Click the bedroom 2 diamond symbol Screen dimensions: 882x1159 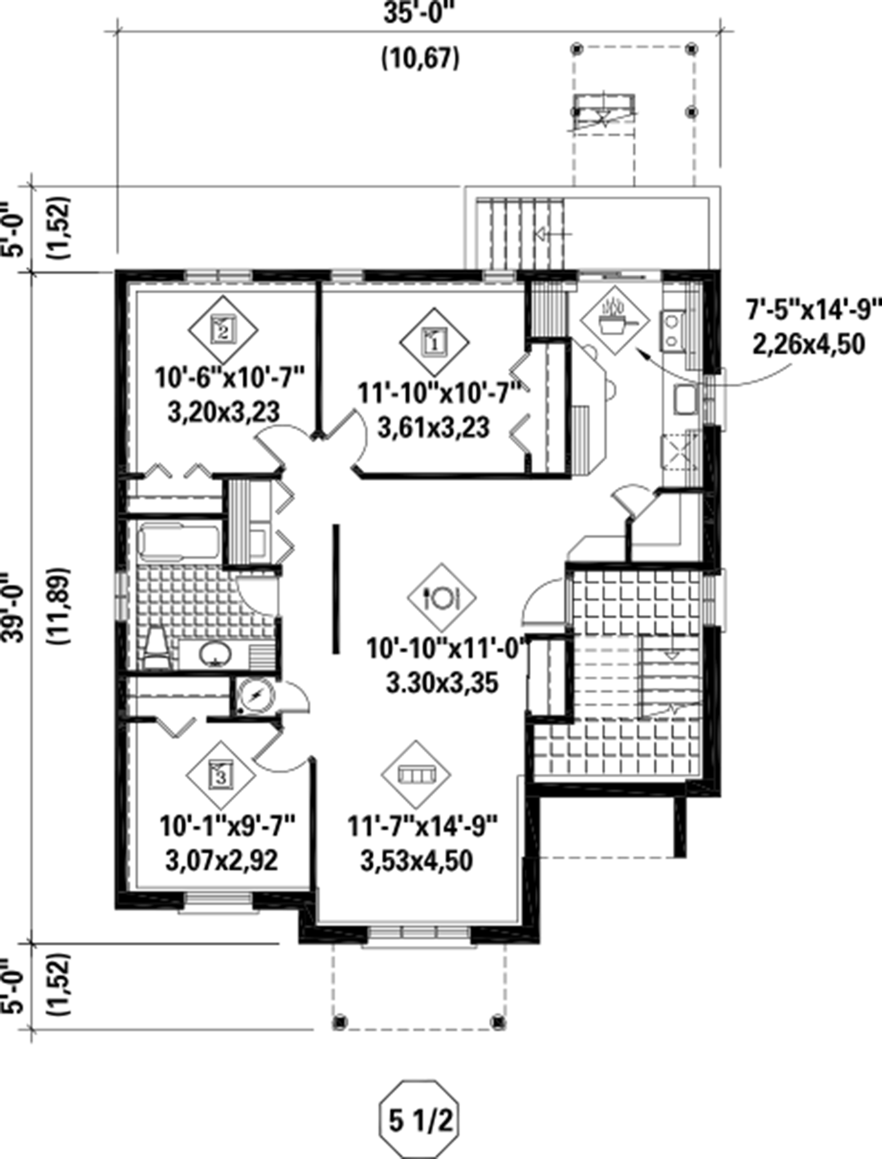coord(223,330)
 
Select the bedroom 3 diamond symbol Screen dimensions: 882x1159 coord(221,775)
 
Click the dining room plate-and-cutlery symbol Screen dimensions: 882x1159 coord(441,598)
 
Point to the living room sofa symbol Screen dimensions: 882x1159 coord(416,775)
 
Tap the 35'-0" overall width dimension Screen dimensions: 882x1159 coord(419,13)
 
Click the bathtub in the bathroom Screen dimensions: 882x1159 coord(179,542)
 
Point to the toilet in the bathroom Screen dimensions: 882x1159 coord(155,646)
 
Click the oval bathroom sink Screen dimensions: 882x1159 coord(215,654)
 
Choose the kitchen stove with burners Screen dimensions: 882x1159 coord(672,329)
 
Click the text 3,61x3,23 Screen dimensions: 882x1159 coord(434,428)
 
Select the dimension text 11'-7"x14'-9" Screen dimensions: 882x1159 coord(423,826)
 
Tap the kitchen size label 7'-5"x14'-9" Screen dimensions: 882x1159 coord(813,311)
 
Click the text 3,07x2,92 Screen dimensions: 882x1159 coord(222,860)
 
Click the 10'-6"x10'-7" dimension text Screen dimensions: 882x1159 coord(229,378)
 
